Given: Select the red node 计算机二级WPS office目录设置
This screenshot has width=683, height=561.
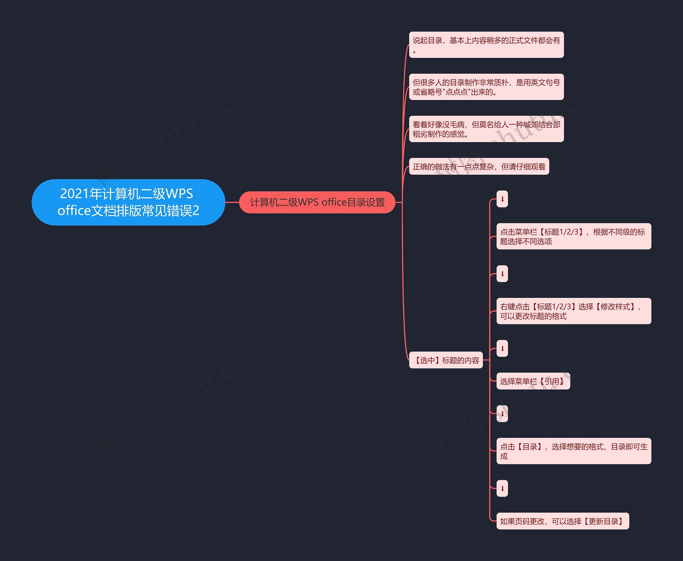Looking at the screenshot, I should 317,202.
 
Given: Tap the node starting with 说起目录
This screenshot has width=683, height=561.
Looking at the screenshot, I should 486,45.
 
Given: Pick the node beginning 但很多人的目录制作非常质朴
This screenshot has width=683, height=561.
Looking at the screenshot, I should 486,87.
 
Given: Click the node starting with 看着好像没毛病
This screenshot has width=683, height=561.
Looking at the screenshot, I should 486,129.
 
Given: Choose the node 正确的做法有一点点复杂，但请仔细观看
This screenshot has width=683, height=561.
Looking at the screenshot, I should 479,166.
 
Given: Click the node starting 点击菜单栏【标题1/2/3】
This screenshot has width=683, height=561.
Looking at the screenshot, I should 573,236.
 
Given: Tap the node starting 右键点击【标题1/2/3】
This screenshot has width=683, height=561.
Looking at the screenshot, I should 573,311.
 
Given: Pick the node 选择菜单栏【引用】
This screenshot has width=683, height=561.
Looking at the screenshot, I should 533,381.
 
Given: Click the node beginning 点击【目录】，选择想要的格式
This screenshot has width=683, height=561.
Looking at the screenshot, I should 573,451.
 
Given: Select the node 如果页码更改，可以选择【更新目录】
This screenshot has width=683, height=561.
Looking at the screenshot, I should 562,521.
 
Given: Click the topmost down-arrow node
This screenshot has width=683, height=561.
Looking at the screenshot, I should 502,199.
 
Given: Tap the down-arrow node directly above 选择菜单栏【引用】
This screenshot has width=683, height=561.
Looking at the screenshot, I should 502,348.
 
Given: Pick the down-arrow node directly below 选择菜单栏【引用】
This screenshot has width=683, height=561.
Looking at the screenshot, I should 502,414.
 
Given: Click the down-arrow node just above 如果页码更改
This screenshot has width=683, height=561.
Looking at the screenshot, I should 502,488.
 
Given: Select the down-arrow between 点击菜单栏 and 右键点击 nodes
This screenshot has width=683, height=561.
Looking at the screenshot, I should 502,274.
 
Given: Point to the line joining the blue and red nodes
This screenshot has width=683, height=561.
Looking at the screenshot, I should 232,202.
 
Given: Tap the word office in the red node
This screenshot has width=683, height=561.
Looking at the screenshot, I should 334,202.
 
